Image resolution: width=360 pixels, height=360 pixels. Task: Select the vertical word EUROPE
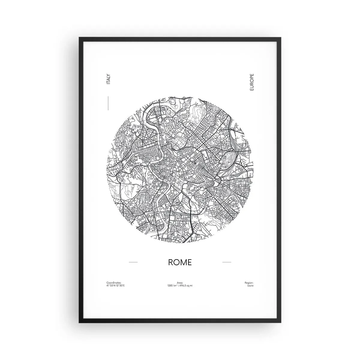[251, 82]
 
